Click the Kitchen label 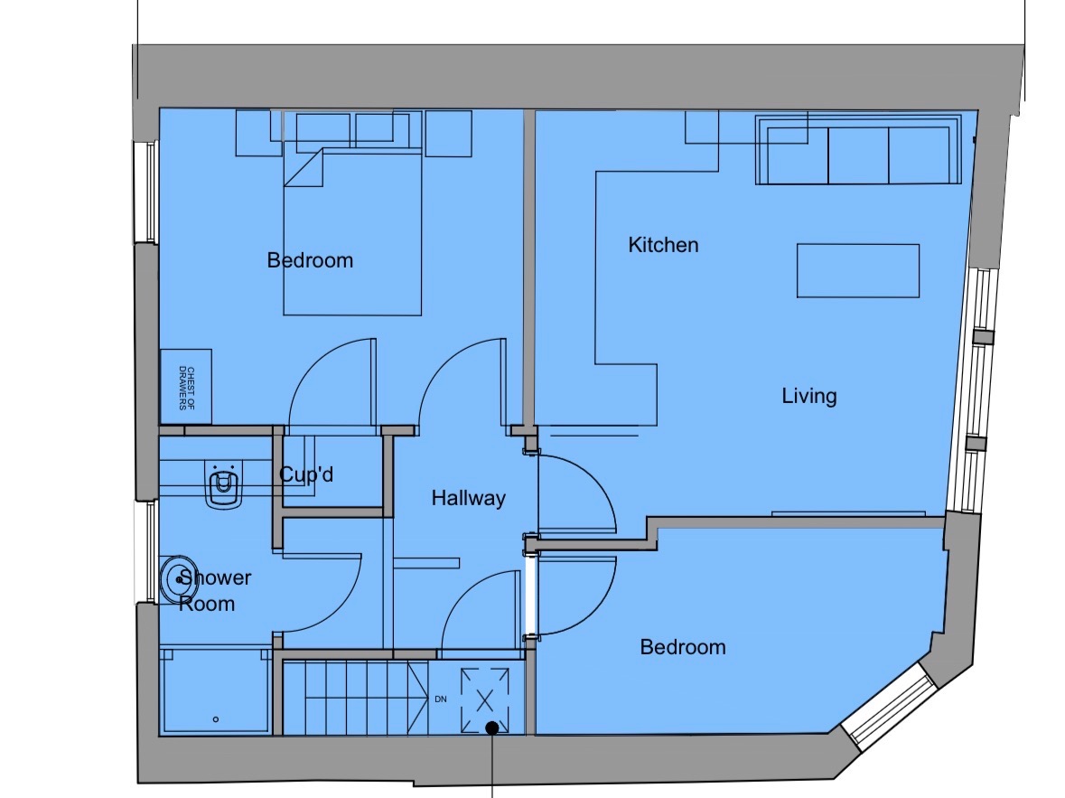663,245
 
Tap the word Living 808,396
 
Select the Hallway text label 468,498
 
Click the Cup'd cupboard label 306,474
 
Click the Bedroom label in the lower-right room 682,647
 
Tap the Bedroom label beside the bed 310,260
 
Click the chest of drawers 186,387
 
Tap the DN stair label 441,699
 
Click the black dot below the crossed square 491,728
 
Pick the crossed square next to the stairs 486,697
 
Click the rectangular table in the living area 857,270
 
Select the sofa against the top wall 858,151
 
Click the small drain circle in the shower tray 216,719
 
